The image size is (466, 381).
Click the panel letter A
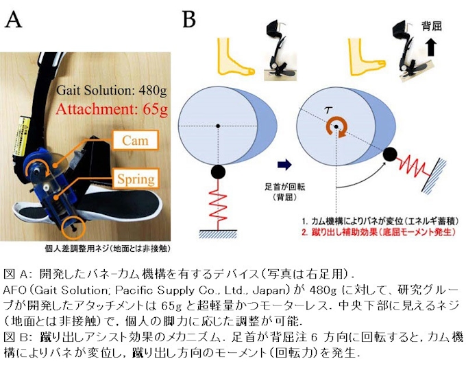click(x=14, y=19)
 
